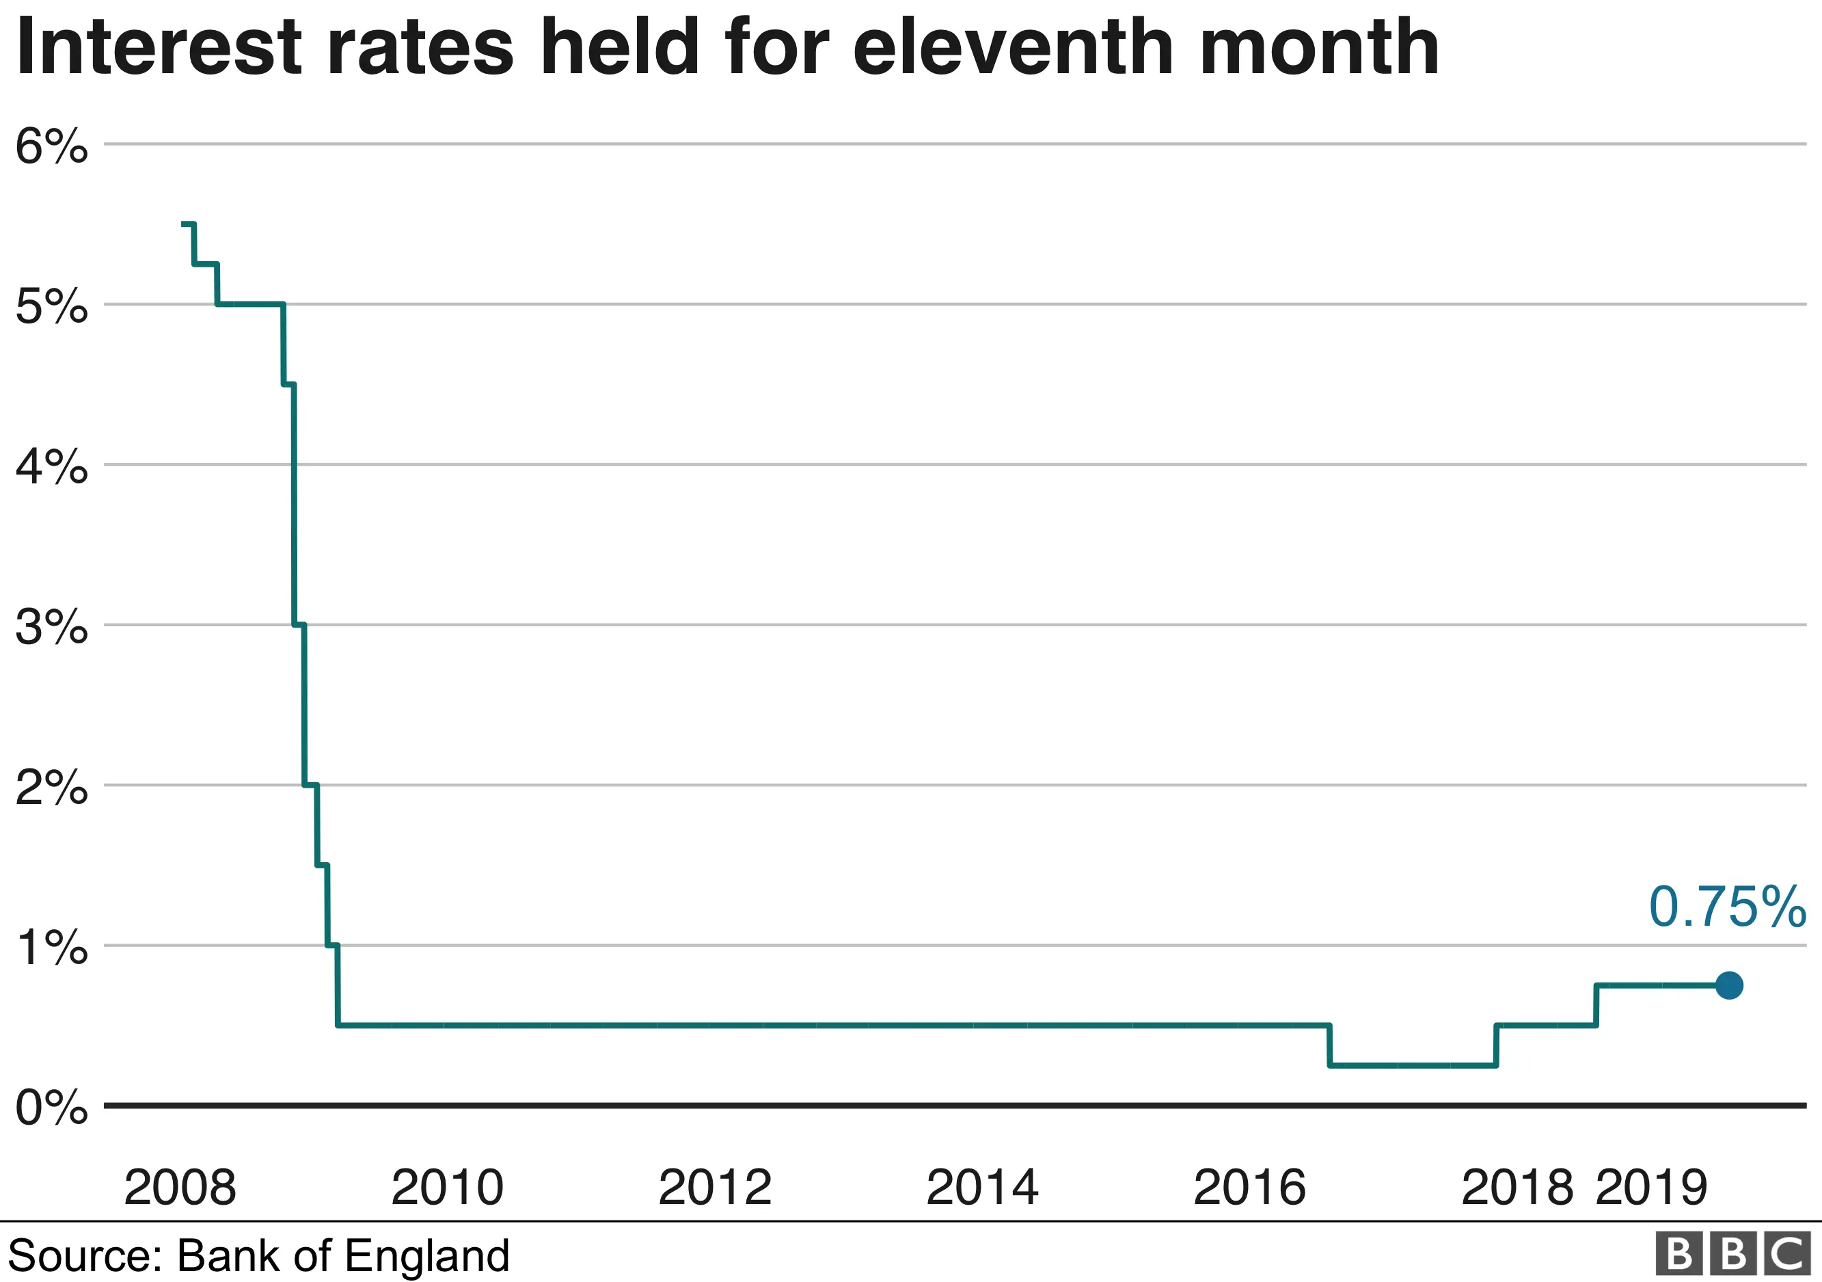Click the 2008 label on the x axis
tap(180, 1188)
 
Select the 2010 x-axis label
tap(447, 1188)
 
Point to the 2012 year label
tap(714, 1188)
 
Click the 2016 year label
tap(1249, 1188)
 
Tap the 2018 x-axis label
tap(1517, 1188)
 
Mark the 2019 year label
tap(1650, 1188)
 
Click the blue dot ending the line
tap(1729, 986)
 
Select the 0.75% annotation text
tap(1727, 907)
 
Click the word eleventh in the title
tap(1014, 48)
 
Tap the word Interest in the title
tap(159, 48)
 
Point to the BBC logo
tap(1735, 1254)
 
